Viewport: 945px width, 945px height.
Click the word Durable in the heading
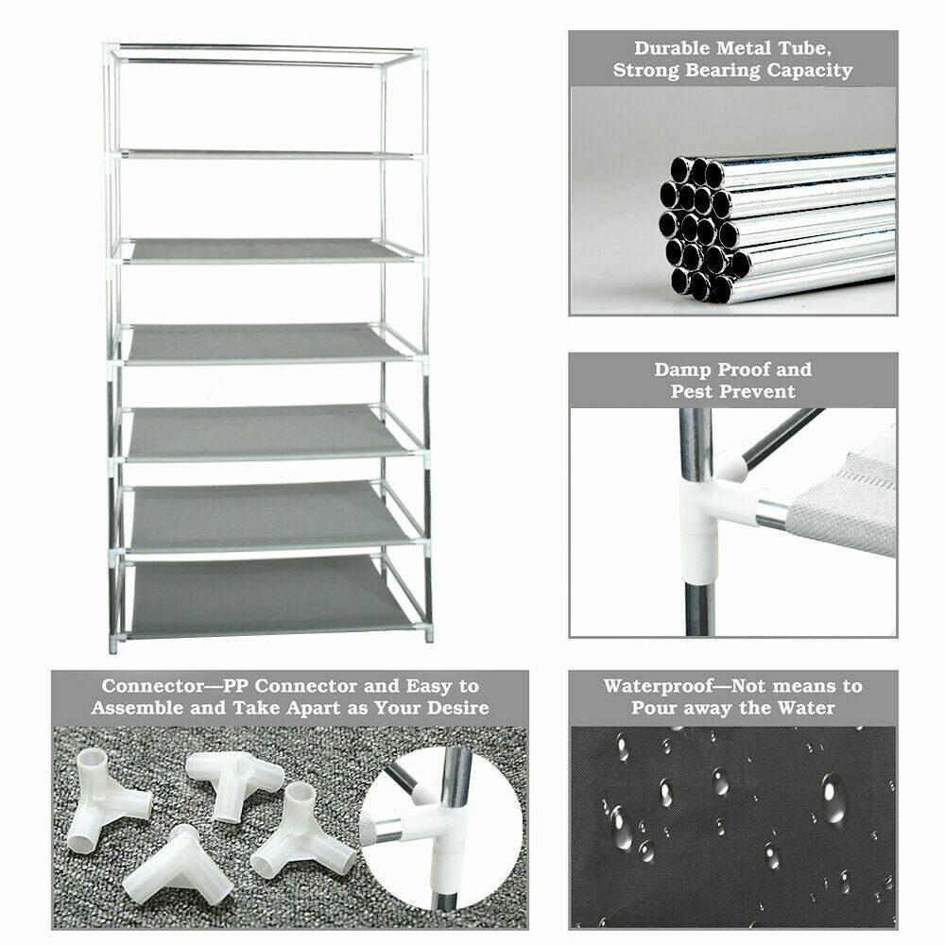pyautogui.click(x=671, y=48)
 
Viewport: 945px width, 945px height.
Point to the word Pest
pyautogui.click(x=692, y=392)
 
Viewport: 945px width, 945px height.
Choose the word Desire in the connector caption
pyautogui.click(x=457, y=708)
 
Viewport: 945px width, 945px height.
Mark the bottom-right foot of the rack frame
pyautogui.click(x=429, y=635)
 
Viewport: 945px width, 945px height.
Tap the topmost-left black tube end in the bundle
pyautogui.click(x=680, y=169)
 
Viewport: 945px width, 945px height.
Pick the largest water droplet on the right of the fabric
pyautogui.click(x=833, y=799)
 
